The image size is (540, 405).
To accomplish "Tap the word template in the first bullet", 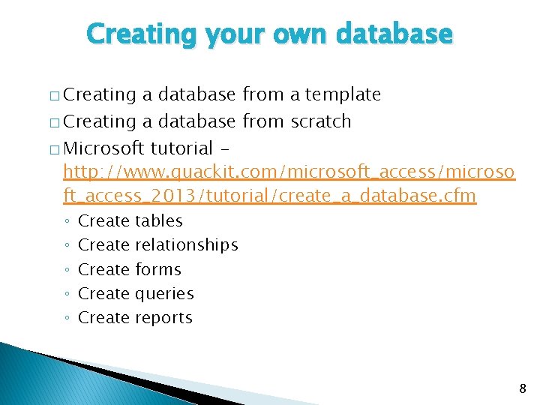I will point(343,94).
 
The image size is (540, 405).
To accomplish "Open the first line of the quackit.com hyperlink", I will point(289,172).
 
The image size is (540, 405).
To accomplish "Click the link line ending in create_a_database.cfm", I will point(270,196).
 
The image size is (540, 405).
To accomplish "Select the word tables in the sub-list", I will point(158,220).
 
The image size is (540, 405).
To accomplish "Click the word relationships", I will point(186,245).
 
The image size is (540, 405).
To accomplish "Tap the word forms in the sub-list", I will point(157,269).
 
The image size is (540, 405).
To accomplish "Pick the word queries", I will point(163,294).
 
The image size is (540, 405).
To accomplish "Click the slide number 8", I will point(523,388).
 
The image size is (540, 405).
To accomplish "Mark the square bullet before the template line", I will point(55,96).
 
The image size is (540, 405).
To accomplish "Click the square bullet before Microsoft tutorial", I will point(55,147).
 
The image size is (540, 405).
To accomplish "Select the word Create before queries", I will point(103,294).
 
